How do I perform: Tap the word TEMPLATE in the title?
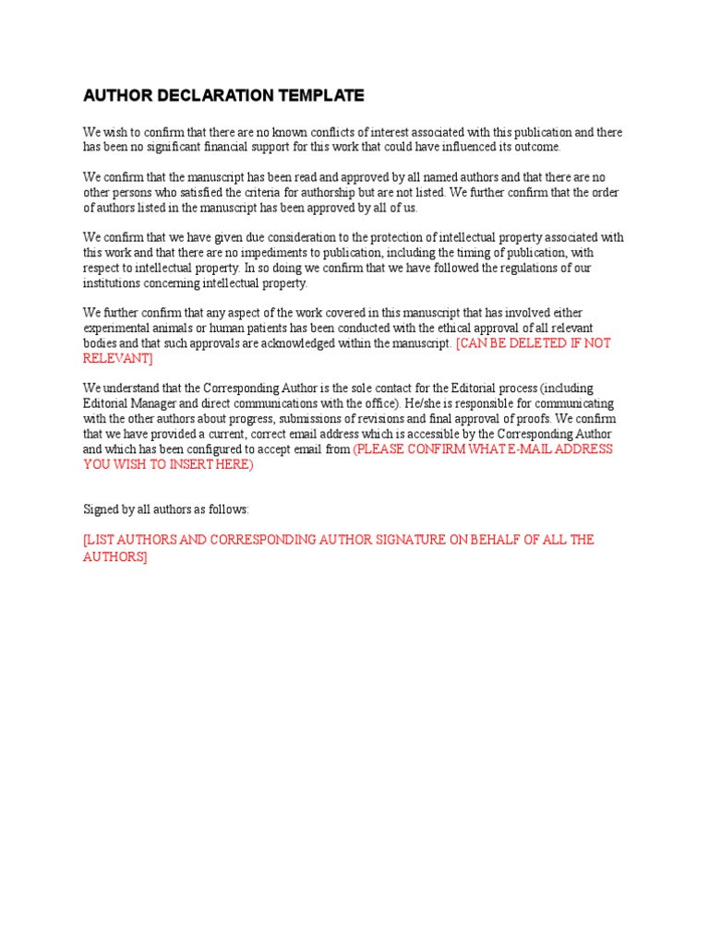pyautogui.click(x=321, y=95)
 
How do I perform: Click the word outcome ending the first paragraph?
pyautogui.click(x=536, y=147)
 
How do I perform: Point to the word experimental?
pyautogui.click(x=117, y=328)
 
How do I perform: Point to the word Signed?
pyautogui.click(x=102, y=508)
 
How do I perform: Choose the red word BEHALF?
pyautogui.click(x=494, y=539)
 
